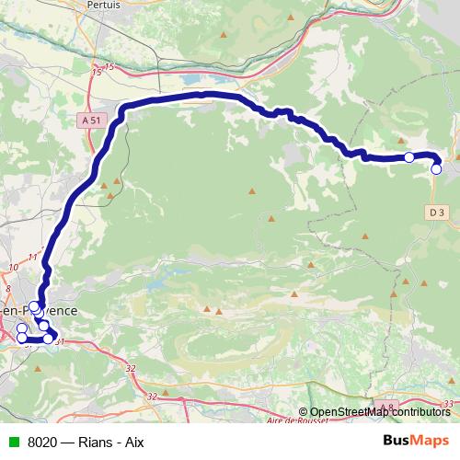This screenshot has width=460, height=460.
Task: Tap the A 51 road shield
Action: (x=90, y=120)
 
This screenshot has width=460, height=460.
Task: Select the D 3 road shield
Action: (x=436, y=213)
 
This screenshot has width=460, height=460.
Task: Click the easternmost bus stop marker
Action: (x=436, y=168)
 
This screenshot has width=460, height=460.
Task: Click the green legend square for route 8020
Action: (x=12, y=443)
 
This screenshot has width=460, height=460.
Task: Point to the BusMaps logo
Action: (x=416, y=442)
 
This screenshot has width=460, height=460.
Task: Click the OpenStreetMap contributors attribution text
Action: (x=379, y=412)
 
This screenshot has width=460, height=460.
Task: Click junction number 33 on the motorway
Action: (x=448, y=405)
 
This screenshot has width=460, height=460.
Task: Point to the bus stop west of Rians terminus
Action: (x=408, y=157)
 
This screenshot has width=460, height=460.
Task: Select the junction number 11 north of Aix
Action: (x=32, y=257)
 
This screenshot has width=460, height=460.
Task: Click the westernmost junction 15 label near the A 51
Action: (x=98, y=71)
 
